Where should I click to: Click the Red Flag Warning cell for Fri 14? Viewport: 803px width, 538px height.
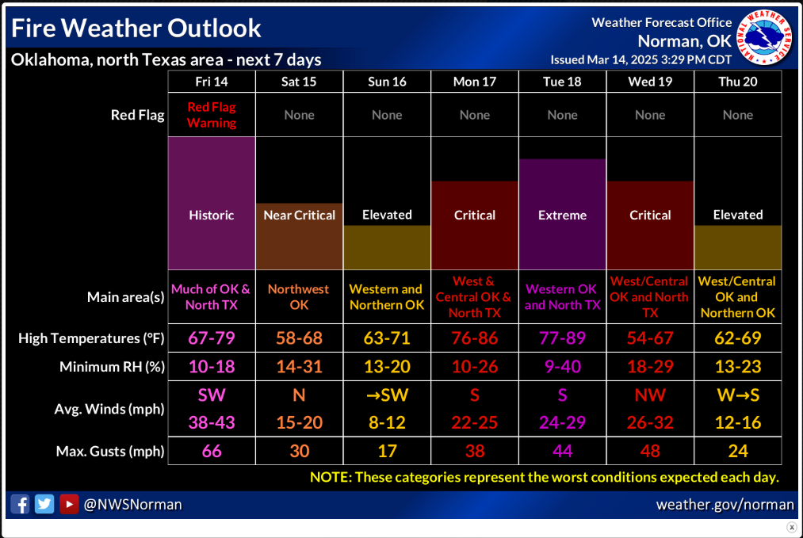coord(212,115)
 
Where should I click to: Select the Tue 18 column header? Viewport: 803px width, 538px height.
coord(562,82)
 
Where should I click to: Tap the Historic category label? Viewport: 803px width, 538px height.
coord(212,215)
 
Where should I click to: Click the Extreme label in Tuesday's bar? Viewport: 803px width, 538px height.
coord(562,215)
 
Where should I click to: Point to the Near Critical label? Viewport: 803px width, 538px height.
coord(299,215)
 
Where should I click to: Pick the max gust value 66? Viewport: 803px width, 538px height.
coord(212,451)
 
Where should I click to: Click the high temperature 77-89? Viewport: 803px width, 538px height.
coord(562,338)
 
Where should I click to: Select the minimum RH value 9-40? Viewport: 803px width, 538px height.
coord(562,367)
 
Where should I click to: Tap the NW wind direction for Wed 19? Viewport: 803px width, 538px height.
coord(650,395)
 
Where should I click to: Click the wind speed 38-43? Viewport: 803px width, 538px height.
coord(212,422)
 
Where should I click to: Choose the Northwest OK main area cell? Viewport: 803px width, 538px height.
coord(299,297)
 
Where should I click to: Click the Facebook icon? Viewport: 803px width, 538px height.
coord(20,504)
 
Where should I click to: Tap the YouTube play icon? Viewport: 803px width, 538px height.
coord(69,504)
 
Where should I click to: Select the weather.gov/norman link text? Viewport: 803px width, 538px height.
coord(725,505)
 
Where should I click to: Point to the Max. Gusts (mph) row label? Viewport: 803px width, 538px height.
coord(110,451)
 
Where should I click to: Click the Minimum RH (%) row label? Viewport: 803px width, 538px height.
coord(112,367)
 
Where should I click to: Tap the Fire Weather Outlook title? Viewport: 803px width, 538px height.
coord(136,29)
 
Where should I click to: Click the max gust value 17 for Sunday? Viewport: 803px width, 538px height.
coord(387,451)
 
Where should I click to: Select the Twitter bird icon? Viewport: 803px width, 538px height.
coord(44,504)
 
